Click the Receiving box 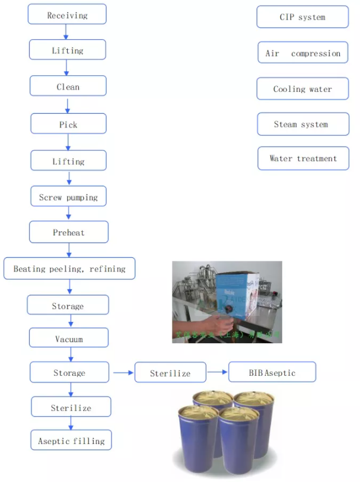coord(67,15)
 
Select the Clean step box coord(68,87)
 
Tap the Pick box coord(68,124)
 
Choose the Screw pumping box coord(68,197)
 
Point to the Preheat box coord(69,232)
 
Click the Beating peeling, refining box coord(69,269)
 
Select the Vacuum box coord(69,339)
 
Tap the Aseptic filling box coord(71,440)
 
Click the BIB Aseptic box coord(272,372)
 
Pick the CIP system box coord(302,17)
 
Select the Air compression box coord(302,53)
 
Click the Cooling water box coord(302,89)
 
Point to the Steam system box coord(302,124)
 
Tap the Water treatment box coord(302,158)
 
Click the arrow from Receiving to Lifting coord(67,32)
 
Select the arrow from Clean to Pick coord(68,105)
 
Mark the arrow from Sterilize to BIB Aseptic coord(217,372)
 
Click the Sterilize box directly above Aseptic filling coord(71,407)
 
